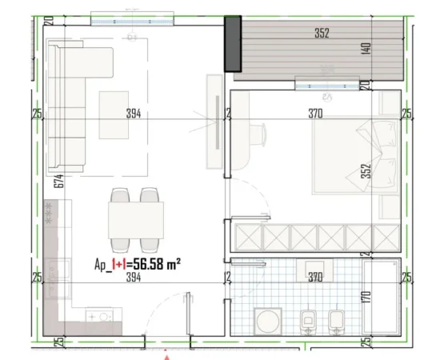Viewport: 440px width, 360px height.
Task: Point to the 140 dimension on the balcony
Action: click(x=365, y=46)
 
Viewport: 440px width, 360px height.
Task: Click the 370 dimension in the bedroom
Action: click(x=315, y=114)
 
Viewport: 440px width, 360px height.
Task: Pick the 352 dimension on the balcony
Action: click(x=322, y=34)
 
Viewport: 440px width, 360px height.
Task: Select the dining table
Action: click(x=136, y=218)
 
